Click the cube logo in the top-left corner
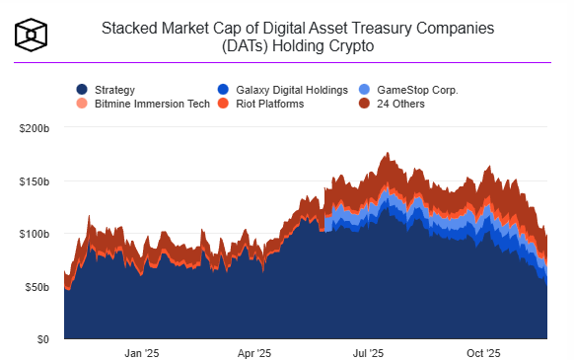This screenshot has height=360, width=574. pos(32,36)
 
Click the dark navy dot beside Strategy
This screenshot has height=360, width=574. pos(82,90)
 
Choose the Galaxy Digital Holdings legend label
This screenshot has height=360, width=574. pos(286,90)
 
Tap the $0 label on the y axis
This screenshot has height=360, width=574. pos(46,339)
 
